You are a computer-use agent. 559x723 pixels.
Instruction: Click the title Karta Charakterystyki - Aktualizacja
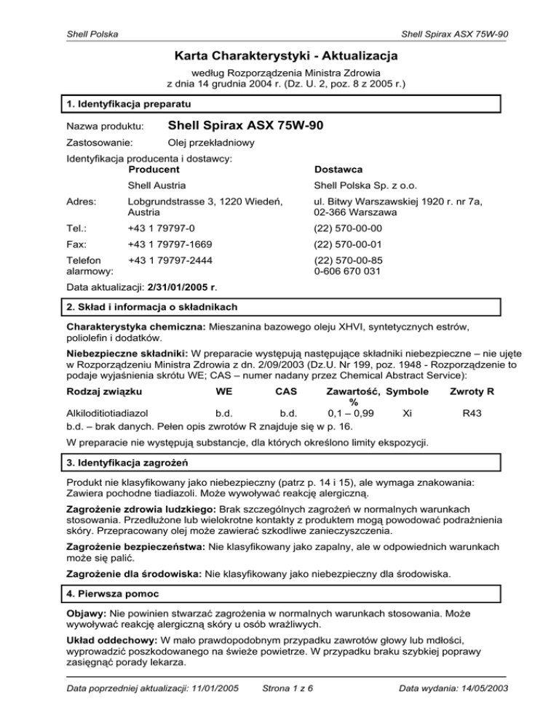point(279,55)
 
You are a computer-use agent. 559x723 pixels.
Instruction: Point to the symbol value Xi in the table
point(408,412)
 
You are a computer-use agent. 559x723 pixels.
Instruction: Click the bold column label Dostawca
point(337,169)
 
